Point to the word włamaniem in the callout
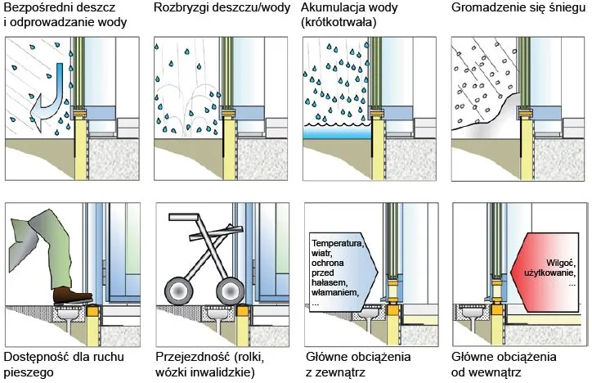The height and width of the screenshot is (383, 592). pyautogui.click(x=337, y=292)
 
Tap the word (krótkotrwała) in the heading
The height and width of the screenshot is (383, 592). pyautogui.click(x=339, y=23)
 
